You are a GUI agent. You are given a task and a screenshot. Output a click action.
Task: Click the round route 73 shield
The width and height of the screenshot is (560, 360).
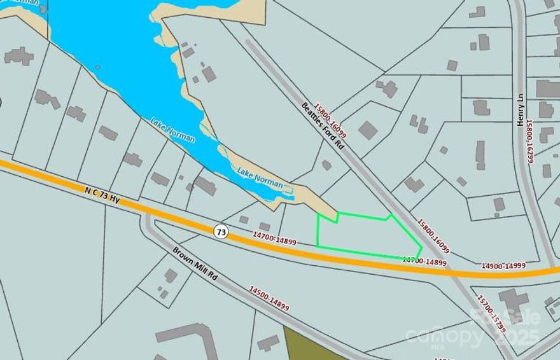[220, 232]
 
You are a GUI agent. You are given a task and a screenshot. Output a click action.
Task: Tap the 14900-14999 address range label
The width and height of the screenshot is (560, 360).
[504, 267]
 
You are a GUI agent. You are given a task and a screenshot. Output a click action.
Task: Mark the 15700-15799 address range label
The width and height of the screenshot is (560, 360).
[491, 314]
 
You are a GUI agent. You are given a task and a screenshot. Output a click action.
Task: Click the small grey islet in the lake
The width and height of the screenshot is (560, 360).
[97, 67]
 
